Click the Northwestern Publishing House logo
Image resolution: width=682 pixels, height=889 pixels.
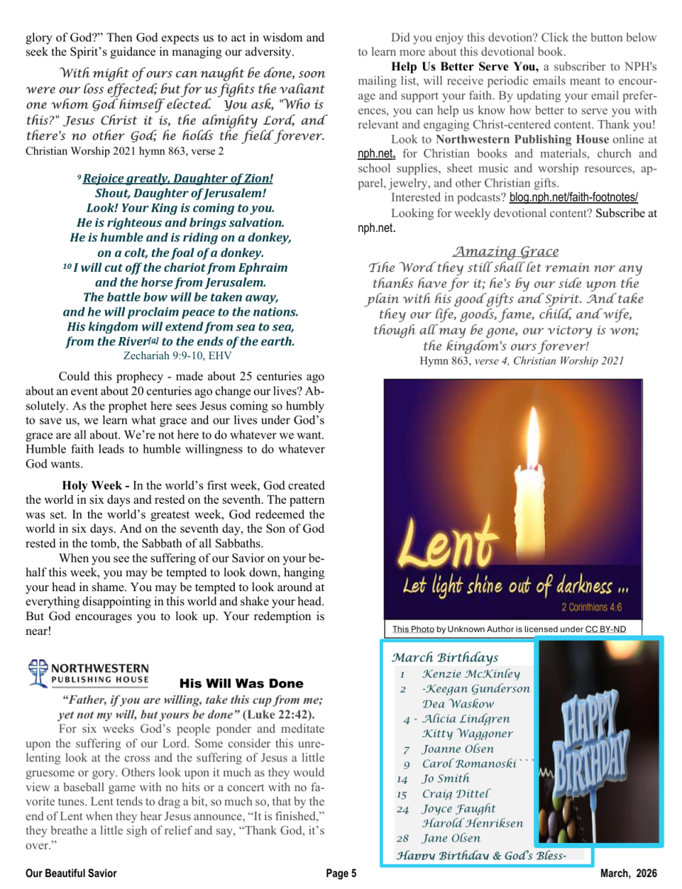tap(89, 673)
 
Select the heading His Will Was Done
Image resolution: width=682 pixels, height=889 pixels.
tap(241, 684)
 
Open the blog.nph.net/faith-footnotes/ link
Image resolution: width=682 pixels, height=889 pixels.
tap(573, 198)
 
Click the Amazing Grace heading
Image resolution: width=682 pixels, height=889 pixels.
tap(506, 252)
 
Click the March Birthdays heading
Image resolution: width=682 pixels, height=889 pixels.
tap(445, 657)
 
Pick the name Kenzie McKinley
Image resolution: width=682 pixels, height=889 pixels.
tap(471, 674)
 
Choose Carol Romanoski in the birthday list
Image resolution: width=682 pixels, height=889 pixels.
tap(469, 764)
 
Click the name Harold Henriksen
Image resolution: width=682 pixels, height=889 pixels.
tap(472, 823)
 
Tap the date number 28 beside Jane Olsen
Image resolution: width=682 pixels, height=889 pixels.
tap(403, 839)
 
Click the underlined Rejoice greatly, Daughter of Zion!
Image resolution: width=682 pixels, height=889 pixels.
tap(178, 179)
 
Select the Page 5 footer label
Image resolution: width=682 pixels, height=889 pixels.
tap(341, 873)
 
